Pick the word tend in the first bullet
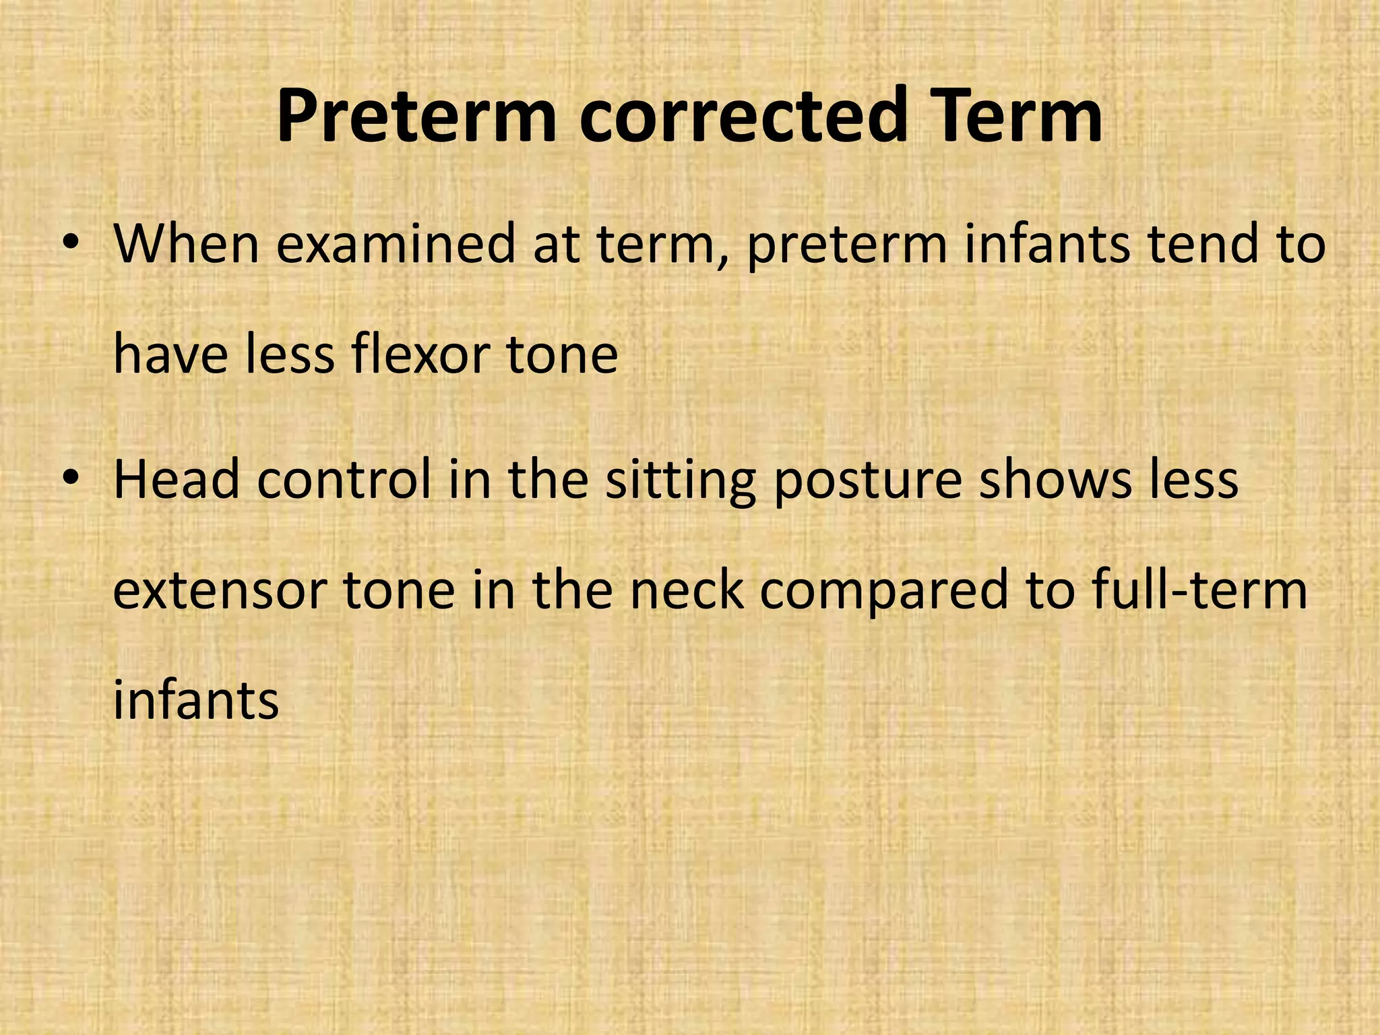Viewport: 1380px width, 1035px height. [1203, 244]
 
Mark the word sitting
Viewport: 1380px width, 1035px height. [681, 482]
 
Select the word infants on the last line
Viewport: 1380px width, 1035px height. [195, 701]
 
